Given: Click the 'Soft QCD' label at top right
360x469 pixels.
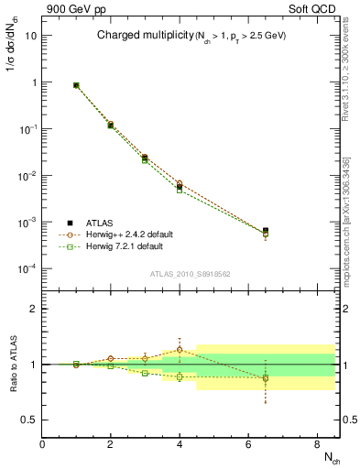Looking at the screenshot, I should [315, 8].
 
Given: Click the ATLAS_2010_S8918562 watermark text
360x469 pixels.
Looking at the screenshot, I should [189, 274].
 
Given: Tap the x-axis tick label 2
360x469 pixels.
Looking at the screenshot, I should [111, 444].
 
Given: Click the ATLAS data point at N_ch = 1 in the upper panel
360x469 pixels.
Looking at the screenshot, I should [76, 85].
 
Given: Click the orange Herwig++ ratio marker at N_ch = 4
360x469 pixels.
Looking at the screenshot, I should [180, 350].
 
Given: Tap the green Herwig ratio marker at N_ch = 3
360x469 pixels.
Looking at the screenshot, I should [146, 373].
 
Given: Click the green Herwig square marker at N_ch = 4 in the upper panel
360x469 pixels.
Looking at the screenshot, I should [180, 190].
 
